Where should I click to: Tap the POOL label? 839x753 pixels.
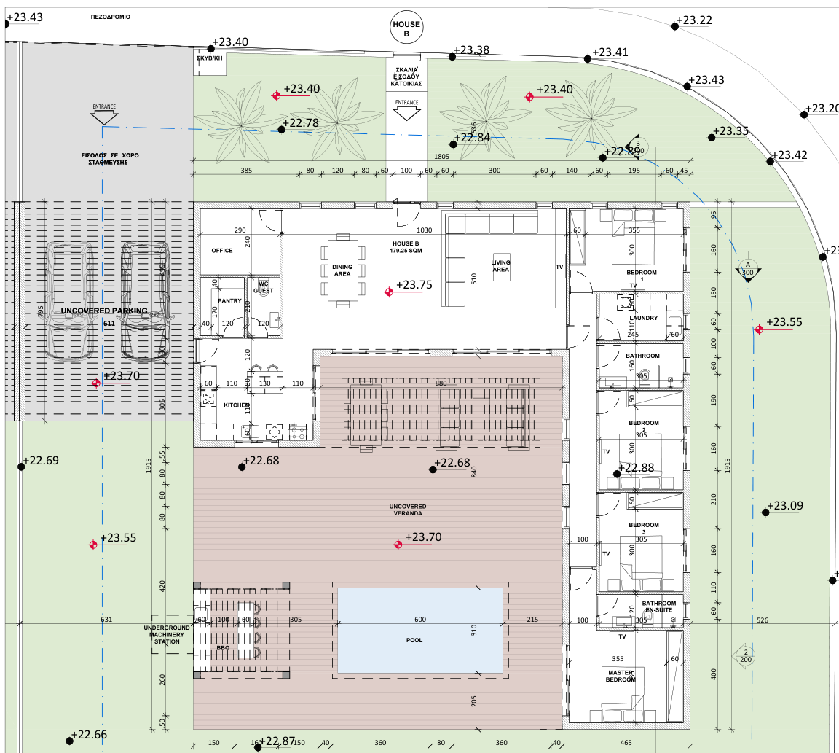pos(414,640)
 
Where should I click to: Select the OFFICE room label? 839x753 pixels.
pos(222,251)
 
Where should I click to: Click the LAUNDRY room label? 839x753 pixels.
pos(644,319)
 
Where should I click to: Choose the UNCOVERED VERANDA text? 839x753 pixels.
pos(408,510)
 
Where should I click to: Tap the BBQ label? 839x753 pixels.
pos(223,647)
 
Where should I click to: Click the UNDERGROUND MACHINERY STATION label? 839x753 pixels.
pos(167,634)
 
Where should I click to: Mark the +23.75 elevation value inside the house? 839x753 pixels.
pos(414,285)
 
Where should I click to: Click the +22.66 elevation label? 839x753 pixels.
pos(91,735)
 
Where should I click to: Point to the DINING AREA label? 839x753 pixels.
pos(342,270)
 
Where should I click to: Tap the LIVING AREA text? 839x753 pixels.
pos(500,266)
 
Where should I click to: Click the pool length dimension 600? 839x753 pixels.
pos(420,620)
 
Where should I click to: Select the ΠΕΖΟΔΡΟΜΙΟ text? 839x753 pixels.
pos(111,16)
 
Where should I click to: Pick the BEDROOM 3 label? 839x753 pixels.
pos(643,529)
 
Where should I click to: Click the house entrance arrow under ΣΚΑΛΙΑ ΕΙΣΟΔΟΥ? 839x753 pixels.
pos(406,112)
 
